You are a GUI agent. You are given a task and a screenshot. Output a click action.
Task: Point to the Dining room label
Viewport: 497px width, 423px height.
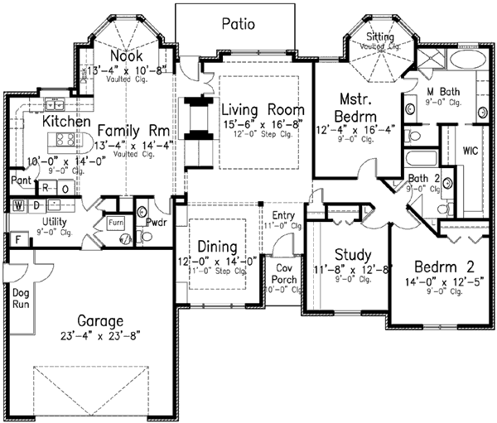tap(218, 247)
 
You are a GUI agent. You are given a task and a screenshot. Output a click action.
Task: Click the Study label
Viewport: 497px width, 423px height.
tap(352, 254)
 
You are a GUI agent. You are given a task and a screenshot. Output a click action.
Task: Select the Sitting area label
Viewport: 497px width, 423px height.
tap(383, 37)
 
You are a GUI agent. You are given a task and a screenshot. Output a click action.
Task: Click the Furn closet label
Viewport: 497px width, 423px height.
tap(114, 222)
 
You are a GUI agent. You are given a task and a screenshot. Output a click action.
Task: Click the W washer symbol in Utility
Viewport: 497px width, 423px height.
tap(18, 204)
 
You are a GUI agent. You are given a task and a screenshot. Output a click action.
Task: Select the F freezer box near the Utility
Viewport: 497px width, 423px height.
tap(16, 240)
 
